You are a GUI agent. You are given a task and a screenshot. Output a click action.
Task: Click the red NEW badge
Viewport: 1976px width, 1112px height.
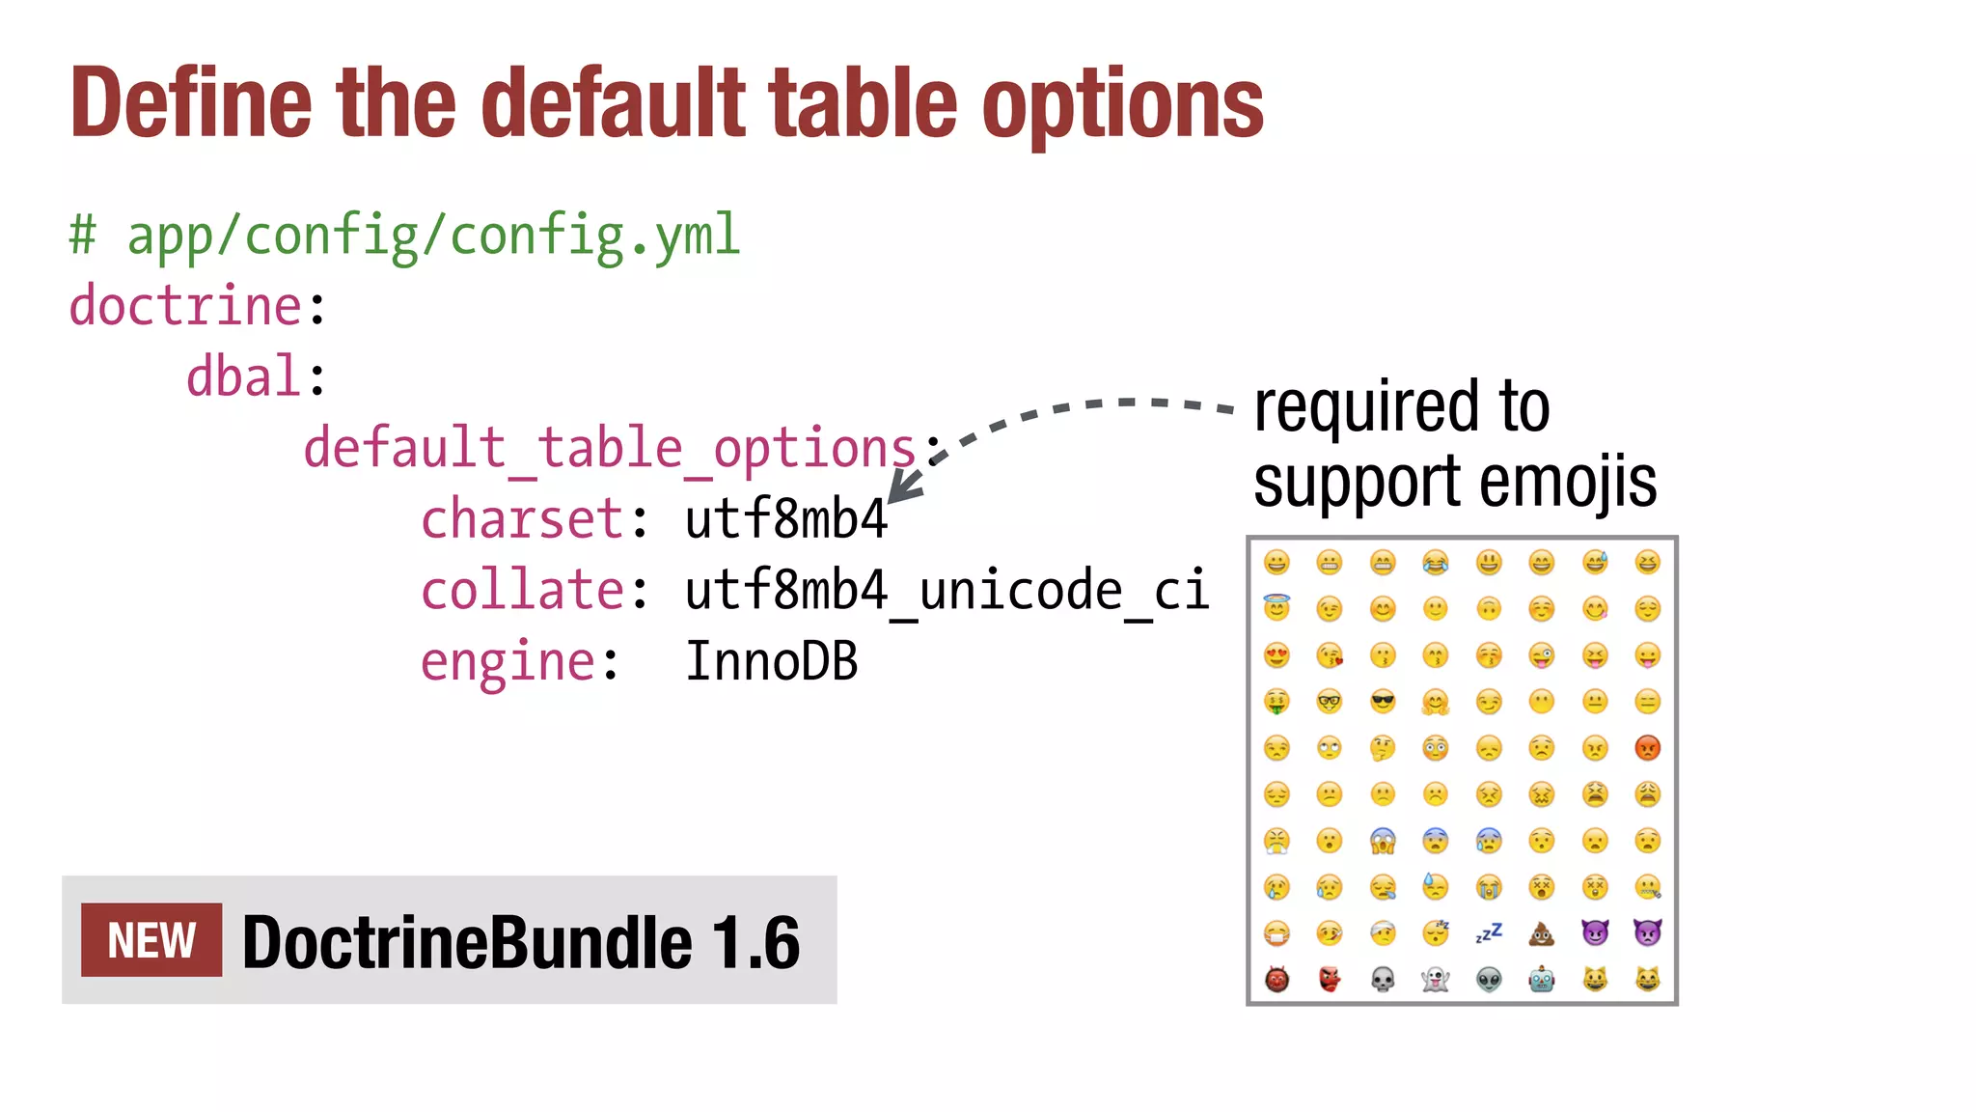151,940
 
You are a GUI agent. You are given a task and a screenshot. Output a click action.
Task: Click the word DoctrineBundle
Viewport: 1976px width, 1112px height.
467,942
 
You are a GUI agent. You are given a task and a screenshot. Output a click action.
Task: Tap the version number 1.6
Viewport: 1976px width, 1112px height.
756,942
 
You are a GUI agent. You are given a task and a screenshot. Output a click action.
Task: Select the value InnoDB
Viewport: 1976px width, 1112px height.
771,662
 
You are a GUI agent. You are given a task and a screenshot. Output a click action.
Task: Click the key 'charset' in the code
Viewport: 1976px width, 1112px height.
522,519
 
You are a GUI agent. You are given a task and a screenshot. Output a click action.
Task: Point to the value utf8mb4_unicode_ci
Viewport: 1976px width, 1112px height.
947,590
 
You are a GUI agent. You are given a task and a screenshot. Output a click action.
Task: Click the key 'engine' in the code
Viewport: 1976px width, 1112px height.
508,662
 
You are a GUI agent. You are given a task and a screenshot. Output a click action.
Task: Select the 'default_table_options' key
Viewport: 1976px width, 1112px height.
609,448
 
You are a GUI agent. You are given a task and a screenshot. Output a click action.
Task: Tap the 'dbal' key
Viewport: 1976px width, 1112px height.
243,376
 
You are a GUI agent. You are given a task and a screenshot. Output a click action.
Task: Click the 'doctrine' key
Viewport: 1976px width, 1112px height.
186,306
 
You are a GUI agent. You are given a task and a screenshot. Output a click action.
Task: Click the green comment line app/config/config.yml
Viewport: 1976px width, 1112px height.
404,236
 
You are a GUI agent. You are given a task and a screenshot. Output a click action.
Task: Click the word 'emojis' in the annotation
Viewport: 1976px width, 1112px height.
1567,482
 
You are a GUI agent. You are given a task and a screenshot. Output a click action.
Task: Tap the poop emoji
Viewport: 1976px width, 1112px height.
1542,933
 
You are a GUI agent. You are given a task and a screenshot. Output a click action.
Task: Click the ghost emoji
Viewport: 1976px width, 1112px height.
1436,980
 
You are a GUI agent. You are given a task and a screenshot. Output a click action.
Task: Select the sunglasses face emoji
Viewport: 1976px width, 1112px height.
1383,701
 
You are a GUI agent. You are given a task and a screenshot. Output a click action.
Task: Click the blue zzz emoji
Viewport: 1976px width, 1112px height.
1489,933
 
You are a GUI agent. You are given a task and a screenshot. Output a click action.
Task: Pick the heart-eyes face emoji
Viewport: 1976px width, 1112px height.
1276,655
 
